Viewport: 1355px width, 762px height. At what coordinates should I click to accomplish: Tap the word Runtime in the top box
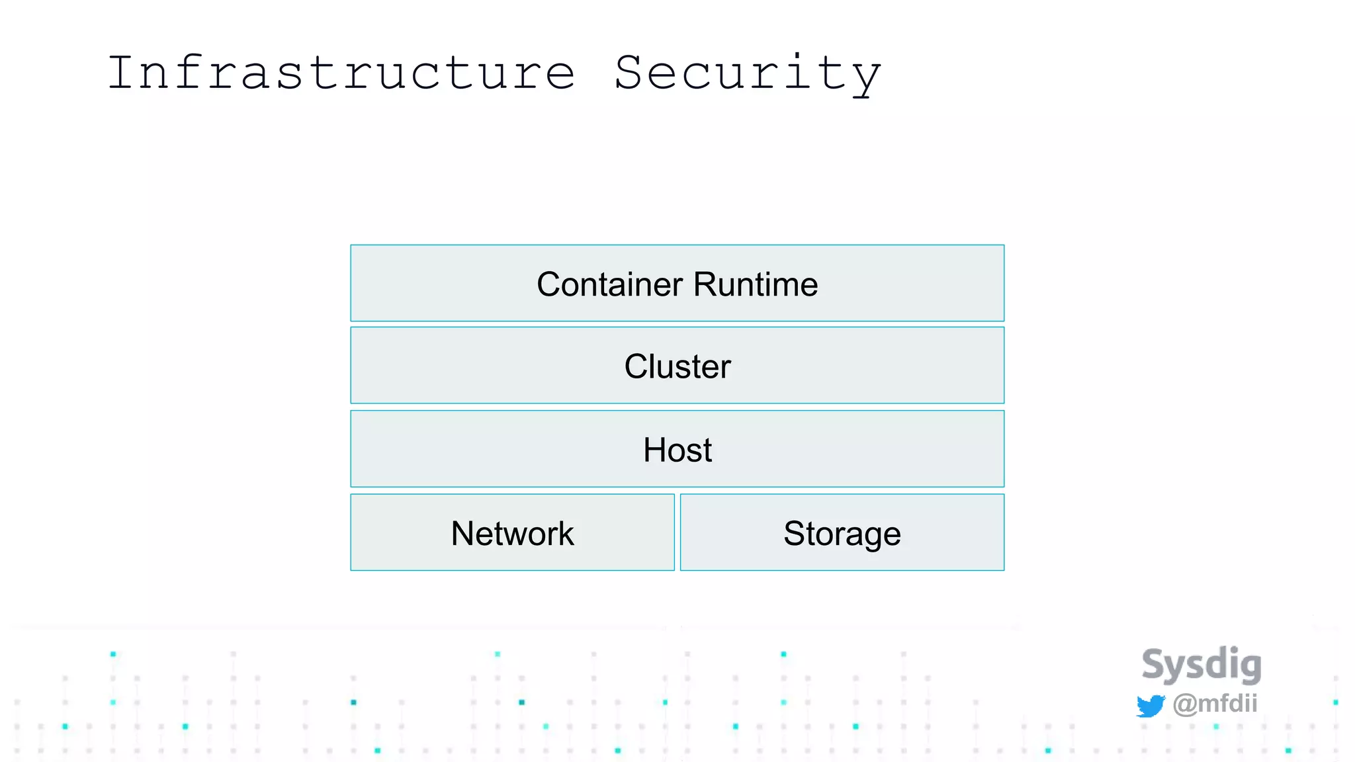click(x=756, y=284)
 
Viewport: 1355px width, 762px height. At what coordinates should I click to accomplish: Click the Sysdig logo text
click(x=1202, y=664)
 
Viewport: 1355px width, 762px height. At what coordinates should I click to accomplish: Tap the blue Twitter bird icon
click(x=1151, y=706)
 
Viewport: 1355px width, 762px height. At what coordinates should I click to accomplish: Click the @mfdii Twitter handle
click(x=1215, y=703)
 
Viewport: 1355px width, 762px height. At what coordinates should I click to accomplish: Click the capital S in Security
click(x=632, y=73)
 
